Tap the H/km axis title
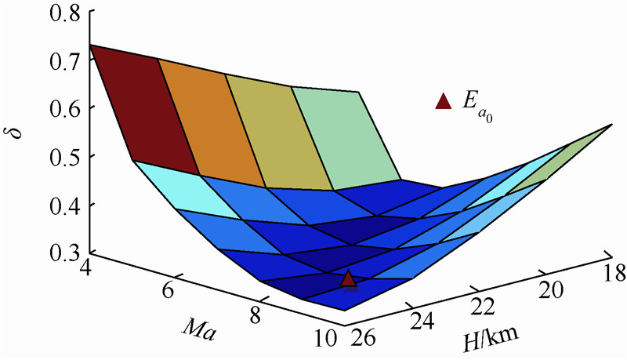(x=488, y=338)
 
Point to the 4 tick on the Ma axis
(x=85, y=268)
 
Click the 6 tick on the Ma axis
(x=168, y=292)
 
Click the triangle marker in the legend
(x=443, y=100)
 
